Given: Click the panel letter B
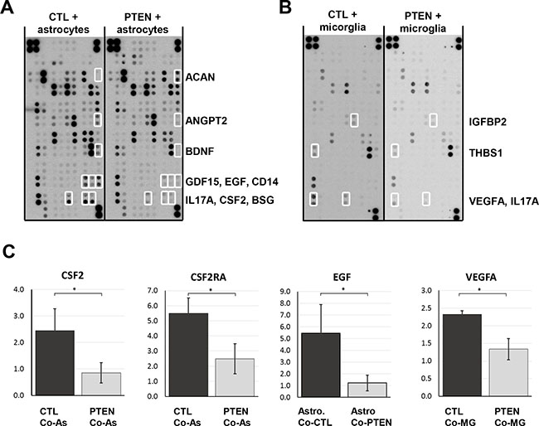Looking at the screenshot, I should (281, 7).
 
